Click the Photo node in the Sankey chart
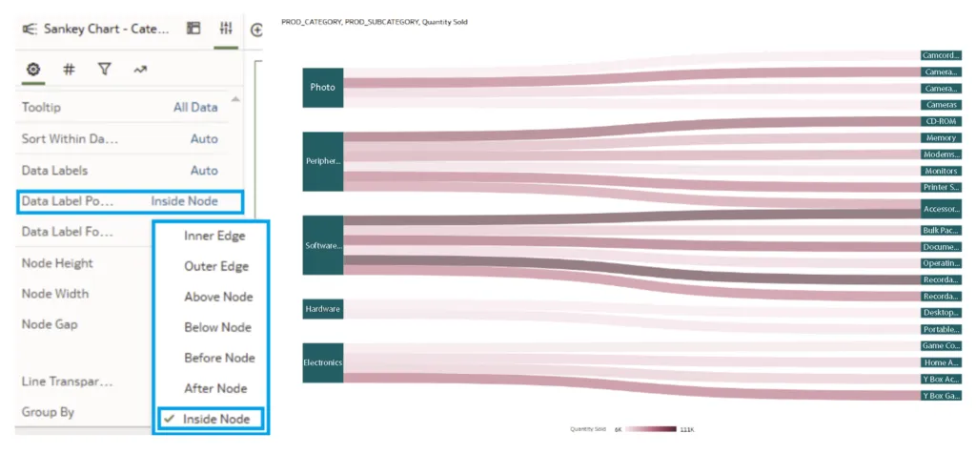click(x=322, y=87)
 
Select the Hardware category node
click(x=322, y=309)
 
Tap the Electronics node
click(x=322, y=362)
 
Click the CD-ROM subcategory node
click(x=941, y=121)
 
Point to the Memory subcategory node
click(x=941, y=137)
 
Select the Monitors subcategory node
click(x=941, y=171)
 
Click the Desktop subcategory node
click(x=941, y=312)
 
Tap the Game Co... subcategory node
click(x=941, y=345)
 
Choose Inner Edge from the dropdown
click(x=214, y=236)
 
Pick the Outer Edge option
click(x=216, y=266)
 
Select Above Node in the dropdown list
click(x=218, y=297)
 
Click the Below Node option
click(x=218, y=327)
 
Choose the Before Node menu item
click(x=219, y=358)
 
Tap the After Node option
click(x=215, y=388)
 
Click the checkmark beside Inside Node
click(x=170, y=419)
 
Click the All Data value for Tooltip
click(x=195, y=108)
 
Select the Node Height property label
click(x=57, y=262)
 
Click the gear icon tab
click(x=33, y=69)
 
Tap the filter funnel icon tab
click(x=104, y=69)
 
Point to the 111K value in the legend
click(x=686, y=430)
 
